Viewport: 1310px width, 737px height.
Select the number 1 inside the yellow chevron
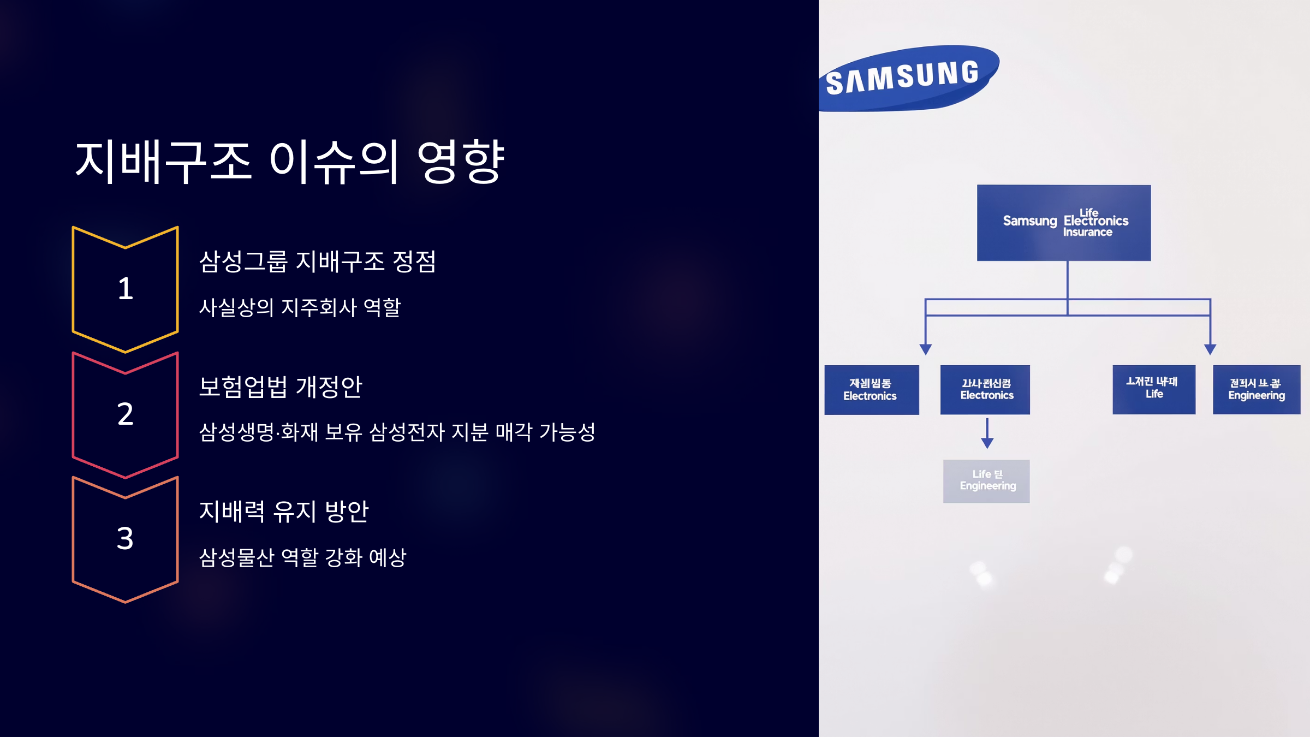pyautogui.click(x=125, y=288)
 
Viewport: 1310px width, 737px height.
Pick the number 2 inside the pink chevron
pyautogui.click(x=125, y=414)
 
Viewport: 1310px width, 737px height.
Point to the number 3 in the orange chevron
pyautogui.click(x=125, y=538)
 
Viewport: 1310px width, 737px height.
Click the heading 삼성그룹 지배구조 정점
pyautogui.click(x=317, y=261)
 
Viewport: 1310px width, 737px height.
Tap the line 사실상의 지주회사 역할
pyautogui.click(x=300, y=307)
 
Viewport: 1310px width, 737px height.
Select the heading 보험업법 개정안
pyautogui.click(x=281, y=387)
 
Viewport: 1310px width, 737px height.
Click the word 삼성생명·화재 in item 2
pyautogui.click(x=258, y=432)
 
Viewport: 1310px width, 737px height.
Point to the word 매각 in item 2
pyautogui.click(x=514, y=432)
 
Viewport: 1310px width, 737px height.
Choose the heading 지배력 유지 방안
pyautogui.click(x=284, y=512)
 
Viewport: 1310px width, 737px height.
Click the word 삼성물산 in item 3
pyautogui.click(x=236, y=557)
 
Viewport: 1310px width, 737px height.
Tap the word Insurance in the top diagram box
pyautogui.click(x=1087, y=233)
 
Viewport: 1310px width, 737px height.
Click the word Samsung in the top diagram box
pyautogui.click(x=1029, y=221)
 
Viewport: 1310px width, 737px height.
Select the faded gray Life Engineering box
pyautogui.click(x=986, y=481)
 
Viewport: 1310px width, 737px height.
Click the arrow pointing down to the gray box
pyautogui.click(x=987, y=435)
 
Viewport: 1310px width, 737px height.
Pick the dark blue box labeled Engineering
pyautogui.click(x=1256, y=389)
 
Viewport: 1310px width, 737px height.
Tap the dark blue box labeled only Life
pyautogui.click(x=1154, y=389)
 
